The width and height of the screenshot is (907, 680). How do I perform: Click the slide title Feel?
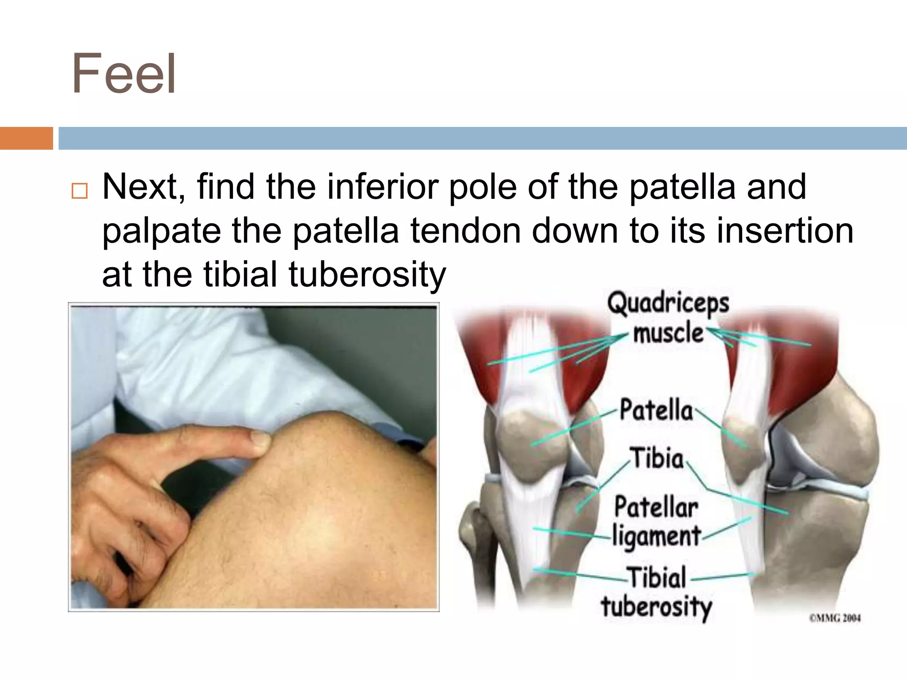click(x=124, y=74)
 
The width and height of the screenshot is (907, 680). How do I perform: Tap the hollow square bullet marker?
click(x=79, y=191)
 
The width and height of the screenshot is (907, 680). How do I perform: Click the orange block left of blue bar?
click(x=26, y=138)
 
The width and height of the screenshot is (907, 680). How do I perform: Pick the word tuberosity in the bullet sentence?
click(x=367, y=274)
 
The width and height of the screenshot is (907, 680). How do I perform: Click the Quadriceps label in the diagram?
click(x=668, y=304)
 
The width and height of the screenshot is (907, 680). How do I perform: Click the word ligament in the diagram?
click(x=656, y=536)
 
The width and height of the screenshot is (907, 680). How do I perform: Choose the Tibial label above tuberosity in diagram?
click(x=657, y=577)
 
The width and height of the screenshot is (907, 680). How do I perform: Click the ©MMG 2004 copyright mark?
click(x=835, y=618)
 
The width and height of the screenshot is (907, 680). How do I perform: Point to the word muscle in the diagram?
click(x=668, y=333)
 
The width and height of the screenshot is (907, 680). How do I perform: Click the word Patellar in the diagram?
click(x=656, y=507)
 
